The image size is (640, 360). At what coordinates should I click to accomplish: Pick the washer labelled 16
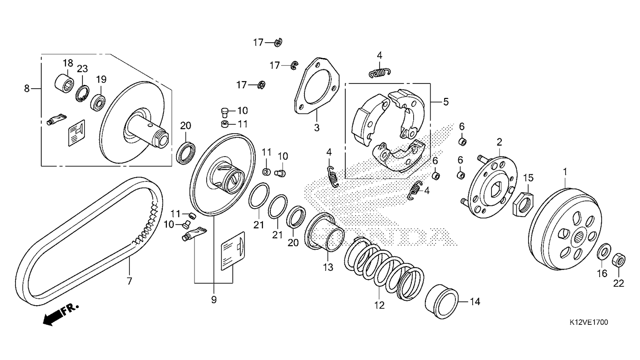(x=603, y=252)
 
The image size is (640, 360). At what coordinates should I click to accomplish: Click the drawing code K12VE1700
(x=589, y=322)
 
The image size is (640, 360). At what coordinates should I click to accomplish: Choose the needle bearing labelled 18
(x=65, y=84)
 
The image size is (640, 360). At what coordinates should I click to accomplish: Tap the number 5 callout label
(x=446, y=101)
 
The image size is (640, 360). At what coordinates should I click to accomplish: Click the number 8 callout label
(x=27, y=88)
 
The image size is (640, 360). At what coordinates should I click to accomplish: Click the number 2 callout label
(x=499, y=142)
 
